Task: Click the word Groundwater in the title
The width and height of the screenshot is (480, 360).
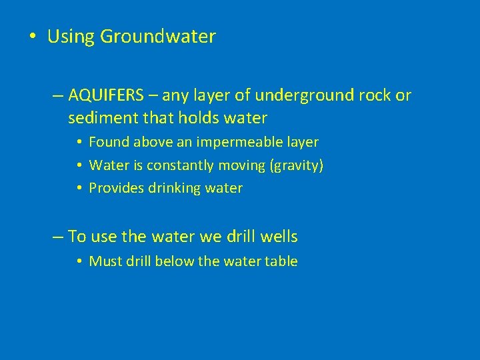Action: [158, 37]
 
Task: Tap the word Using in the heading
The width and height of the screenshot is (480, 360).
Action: [71, 37]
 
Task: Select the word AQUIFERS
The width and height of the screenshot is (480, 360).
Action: [105, 95]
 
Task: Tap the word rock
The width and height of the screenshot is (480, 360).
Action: [375, 95]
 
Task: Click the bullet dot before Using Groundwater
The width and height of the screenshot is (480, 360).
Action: [33, 37]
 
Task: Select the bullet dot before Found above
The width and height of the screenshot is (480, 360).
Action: [79, 143]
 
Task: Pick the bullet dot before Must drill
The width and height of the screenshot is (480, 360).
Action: [79, 262]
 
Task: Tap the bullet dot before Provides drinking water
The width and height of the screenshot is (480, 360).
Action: [79, 189]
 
